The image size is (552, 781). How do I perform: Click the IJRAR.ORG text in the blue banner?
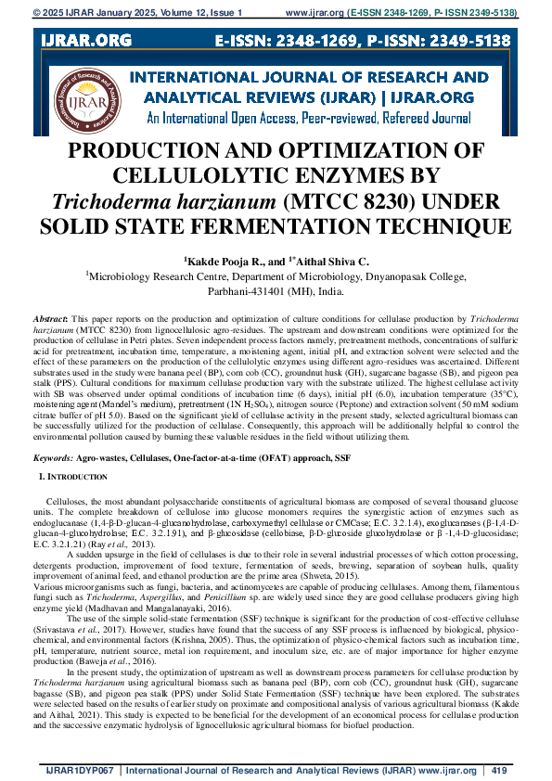(x=85, y=41)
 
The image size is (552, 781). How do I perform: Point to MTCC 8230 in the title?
(x=330, y=200)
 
